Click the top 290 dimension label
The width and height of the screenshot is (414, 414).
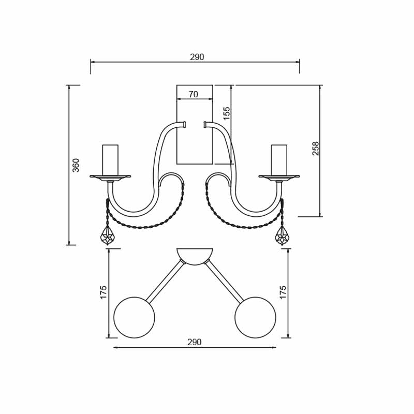(x=197, y=57)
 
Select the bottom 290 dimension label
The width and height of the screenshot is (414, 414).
(x=195, y=342)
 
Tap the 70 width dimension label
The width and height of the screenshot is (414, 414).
(x=193, y=94)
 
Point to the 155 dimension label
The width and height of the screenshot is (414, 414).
(x=227, y=113)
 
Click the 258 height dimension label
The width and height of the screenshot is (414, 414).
(x=316, y=149)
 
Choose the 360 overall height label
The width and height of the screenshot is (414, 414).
(x=76, y=165)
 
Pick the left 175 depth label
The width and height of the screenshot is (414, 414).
(x=103, y=292)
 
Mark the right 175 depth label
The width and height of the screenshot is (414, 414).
(x=283, y=292)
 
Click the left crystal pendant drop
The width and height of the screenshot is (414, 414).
(x=108, y=235)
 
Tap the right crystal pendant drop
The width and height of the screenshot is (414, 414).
(x=282, y=235)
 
